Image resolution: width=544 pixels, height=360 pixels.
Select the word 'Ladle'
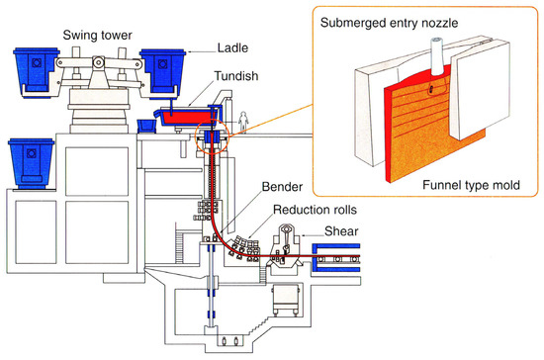pos(233,46)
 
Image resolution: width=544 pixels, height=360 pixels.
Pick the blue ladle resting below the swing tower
pos(31,164)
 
